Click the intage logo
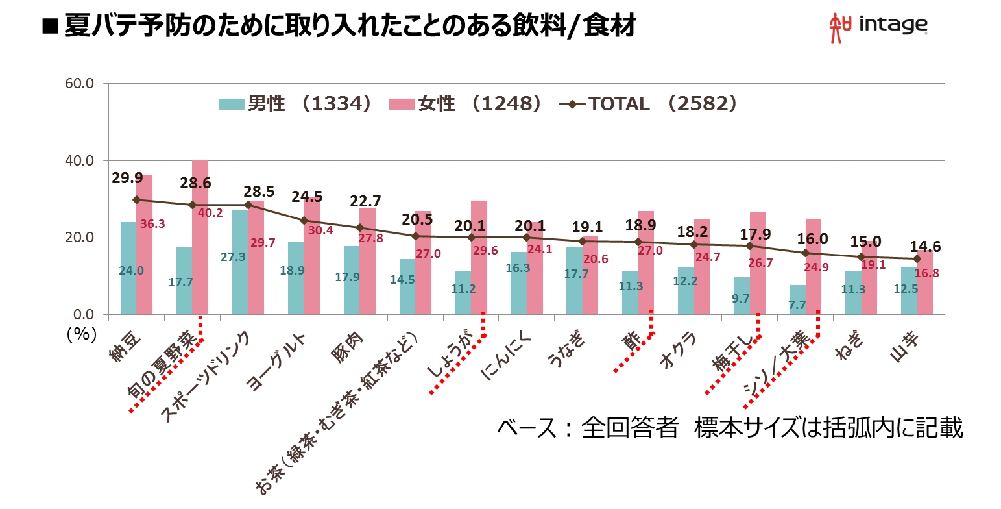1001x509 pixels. (x=878, y=27)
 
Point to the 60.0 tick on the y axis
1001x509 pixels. (x=80, y=83)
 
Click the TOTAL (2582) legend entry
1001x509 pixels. (x=649, y=104)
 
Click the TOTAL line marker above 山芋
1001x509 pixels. (x=917, y=258)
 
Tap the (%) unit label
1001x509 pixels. (x=81, y=333)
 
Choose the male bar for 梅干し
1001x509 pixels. (x=741, y=296)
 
